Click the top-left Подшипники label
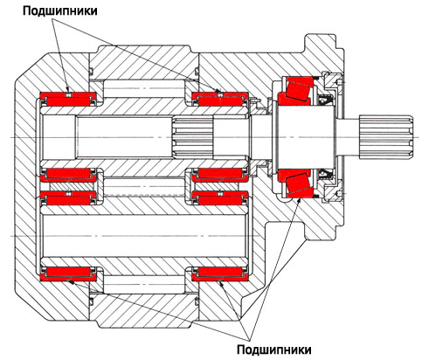click(60, 11)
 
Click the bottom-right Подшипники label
click(274, 350)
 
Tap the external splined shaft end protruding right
click(386, 137)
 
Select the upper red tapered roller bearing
click(296, 90)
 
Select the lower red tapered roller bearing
click(296, 183)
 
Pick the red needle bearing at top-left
click(68, 100)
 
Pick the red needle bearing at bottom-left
click(68, 274)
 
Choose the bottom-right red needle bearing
click(220, 274)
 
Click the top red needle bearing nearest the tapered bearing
click(220, 100)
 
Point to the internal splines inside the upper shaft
click(192, 137)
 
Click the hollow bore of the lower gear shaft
click(145, 236)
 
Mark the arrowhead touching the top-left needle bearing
click(67, 90)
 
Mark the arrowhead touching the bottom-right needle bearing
click(221, 283)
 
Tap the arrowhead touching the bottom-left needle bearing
click(71, 281)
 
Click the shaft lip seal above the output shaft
click(324, 100)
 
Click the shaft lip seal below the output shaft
click(324, 175)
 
